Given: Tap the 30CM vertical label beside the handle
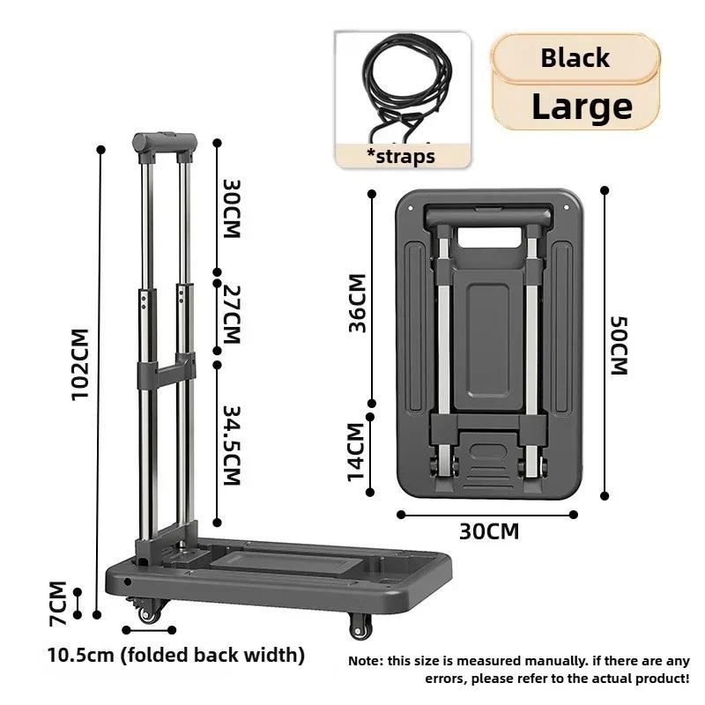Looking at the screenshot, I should point(232,210).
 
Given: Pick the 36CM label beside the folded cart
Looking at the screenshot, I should point(357,302).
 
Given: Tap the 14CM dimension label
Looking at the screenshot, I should point(356,451).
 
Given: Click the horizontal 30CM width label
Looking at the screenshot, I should point(488,531).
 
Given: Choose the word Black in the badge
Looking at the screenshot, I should point(575,58).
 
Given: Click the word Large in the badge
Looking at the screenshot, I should point(582,107).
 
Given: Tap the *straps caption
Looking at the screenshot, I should point(401,157).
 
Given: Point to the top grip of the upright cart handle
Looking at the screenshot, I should point(163,142).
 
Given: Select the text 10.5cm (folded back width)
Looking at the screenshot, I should point(176,655).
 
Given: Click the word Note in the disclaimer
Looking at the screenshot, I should point(366,660).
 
